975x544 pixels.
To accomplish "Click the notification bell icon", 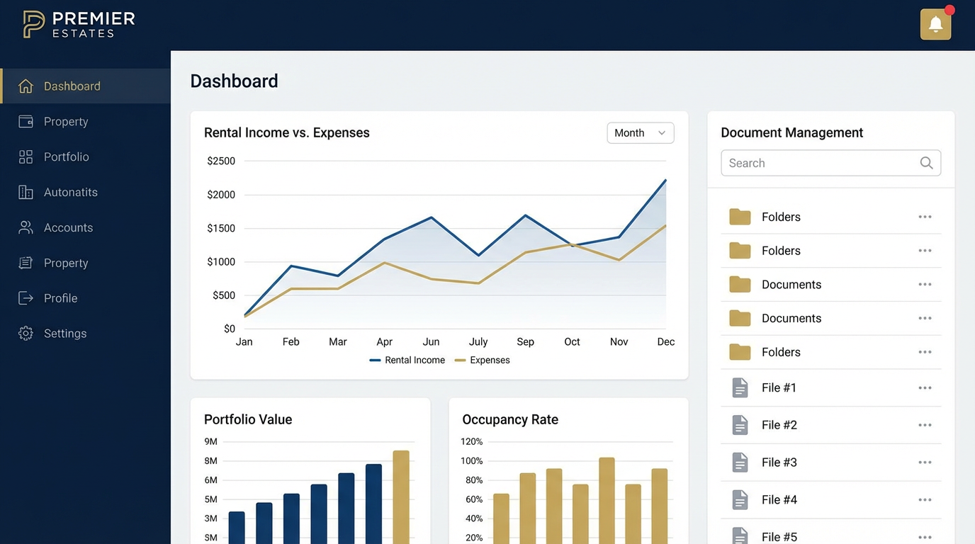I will click(935, 25).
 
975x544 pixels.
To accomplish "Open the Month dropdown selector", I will click(640, 133).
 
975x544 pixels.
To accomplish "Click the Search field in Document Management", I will click(822, 163).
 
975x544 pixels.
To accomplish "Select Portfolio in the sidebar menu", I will click(66, 157).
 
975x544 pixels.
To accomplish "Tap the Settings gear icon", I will click(26, 334).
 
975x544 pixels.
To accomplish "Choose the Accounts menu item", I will click(68, 228).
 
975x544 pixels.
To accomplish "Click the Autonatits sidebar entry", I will click(70, 193).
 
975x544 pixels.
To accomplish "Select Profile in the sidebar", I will click(60, 298).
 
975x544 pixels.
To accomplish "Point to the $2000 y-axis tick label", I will click(221, 195).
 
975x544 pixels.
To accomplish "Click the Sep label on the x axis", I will click(525, 342).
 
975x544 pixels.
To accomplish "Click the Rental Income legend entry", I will click(407, 361).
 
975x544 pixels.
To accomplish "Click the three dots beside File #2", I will click(925, 425).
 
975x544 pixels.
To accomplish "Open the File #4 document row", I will click(779, 500).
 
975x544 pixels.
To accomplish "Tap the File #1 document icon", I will click(740, 388).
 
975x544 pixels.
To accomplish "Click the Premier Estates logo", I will click(78, 24).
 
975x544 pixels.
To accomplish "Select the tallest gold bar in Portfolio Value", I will click(401, 496).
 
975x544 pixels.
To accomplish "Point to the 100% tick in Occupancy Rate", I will click(472, 461).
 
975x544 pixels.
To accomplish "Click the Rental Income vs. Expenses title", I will click(286, 133).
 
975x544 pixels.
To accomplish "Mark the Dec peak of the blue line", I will click(665, 180).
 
